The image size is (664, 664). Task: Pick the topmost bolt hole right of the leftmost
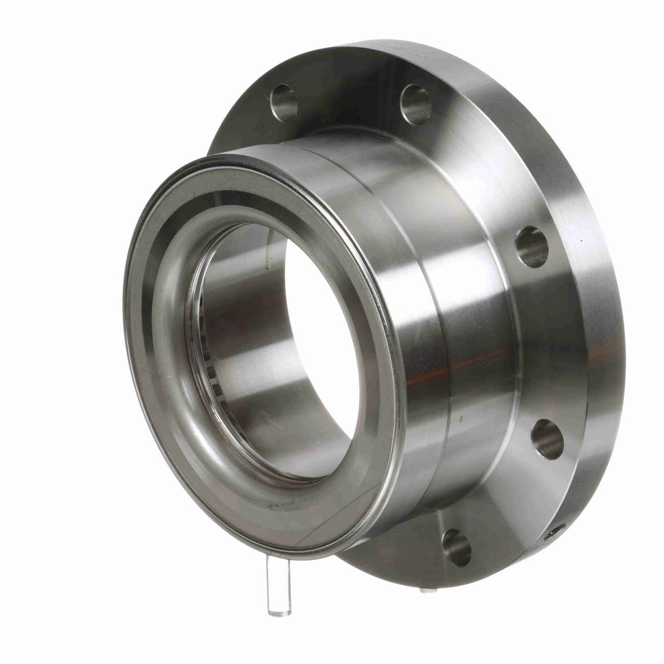click(416, 103)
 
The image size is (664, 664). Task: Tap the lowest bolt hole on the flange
click(456, 547)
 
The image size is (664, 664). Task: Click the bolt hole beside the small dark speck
click(532, 247)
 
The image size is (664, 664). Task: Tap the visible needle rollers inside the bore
click(207, 354)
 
